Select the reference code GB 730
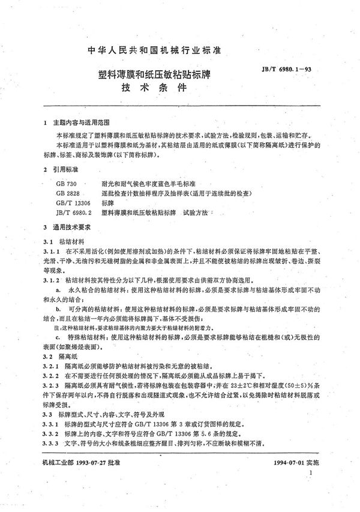[64, 184]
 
